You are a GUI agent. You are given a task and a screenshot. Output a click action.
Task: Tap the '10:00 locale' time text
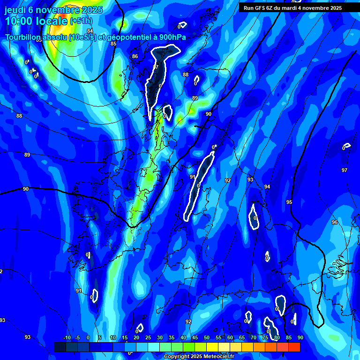[36, 21]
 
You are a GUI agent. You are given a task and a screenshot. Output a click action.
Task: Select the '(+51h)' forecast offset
[81, 21]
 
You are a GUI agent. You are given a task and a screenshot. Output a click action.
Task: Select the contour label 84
[90, 31]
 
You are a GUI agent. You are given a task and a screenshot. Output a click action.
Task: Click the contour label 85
[113, 44]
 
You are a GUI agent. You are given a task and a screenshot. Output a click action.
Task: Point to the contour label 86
[135, 57]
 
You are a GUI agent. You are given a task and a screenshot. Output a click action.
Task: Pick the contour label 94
[267, 187]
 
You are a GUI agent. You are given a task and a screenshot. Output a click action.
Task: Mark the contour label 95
[289, 202]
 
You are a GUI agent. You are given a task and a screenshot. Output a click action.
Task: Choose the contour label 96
[335, 222]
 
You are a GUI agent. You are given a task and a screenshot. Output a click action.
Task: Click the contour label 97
[345, 170]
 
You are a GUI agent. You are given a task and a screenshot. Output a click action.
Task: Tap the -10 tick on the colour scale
[67, 338]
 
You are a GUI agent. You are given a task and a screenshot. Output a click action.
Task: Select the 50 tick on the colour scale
[207, 338]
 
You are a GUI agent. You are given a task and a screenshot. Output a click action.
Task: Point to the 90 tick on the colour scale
[300, 338]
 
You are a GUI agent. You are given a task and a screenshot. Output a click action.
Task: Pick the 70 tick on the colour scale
[254, 338]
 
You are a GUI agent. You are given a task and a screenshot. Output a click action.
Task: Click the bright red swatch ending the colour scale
[294, 347]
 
